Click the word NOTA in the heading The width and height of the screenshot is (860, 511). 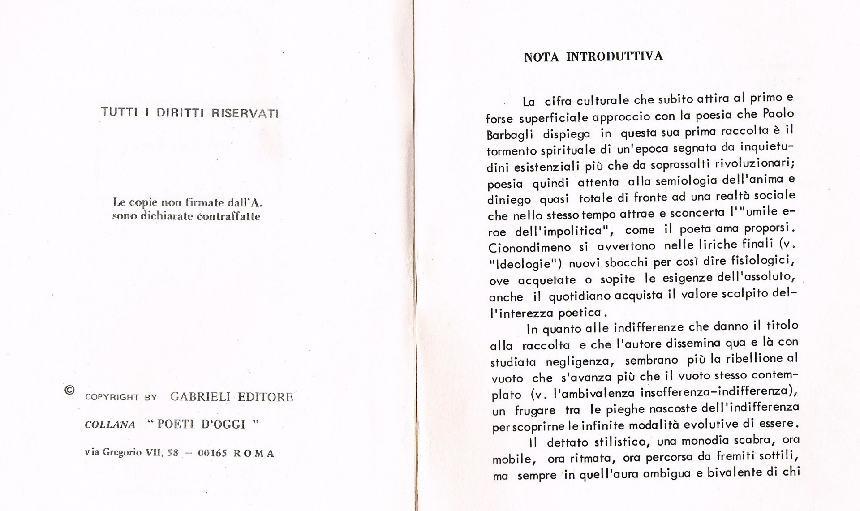click(541, 57)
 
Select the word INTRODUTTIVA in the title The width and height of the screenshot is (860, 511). click(615, 56)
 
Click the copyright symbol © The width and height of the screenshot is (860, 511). click(69, 390)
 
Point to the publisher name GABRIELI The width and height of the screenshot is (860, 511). click(200, 397)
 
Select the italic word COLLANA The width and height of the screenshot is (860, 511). click(110, 425)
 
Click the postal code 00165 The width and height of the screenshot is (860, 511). click(212, 453)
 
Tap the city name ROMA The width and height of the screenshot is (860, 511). click(254, 453)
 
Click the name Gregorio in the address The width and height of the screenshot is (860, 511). click(122, 452)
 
